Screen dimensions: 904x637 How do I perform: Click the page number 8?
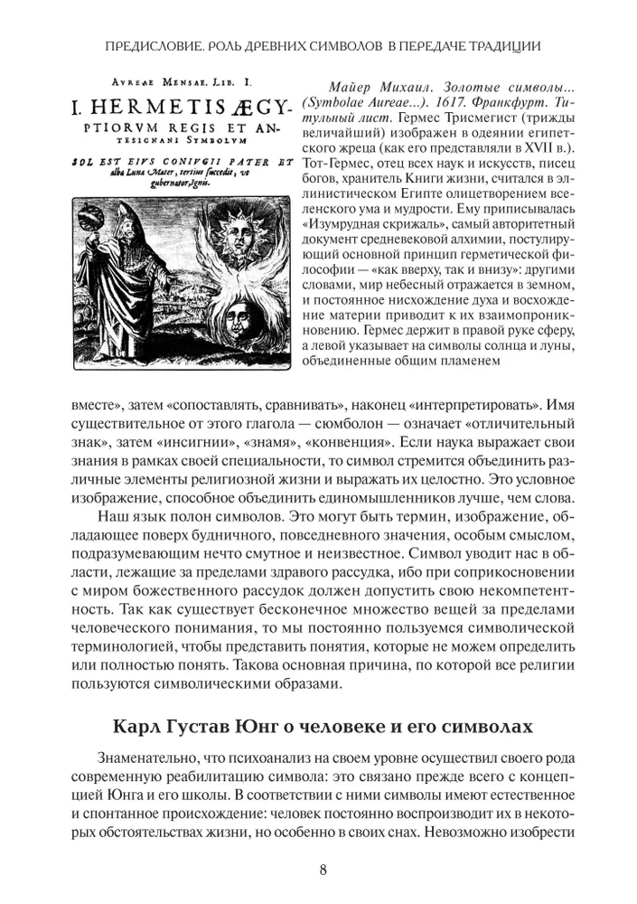point(323,871)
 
